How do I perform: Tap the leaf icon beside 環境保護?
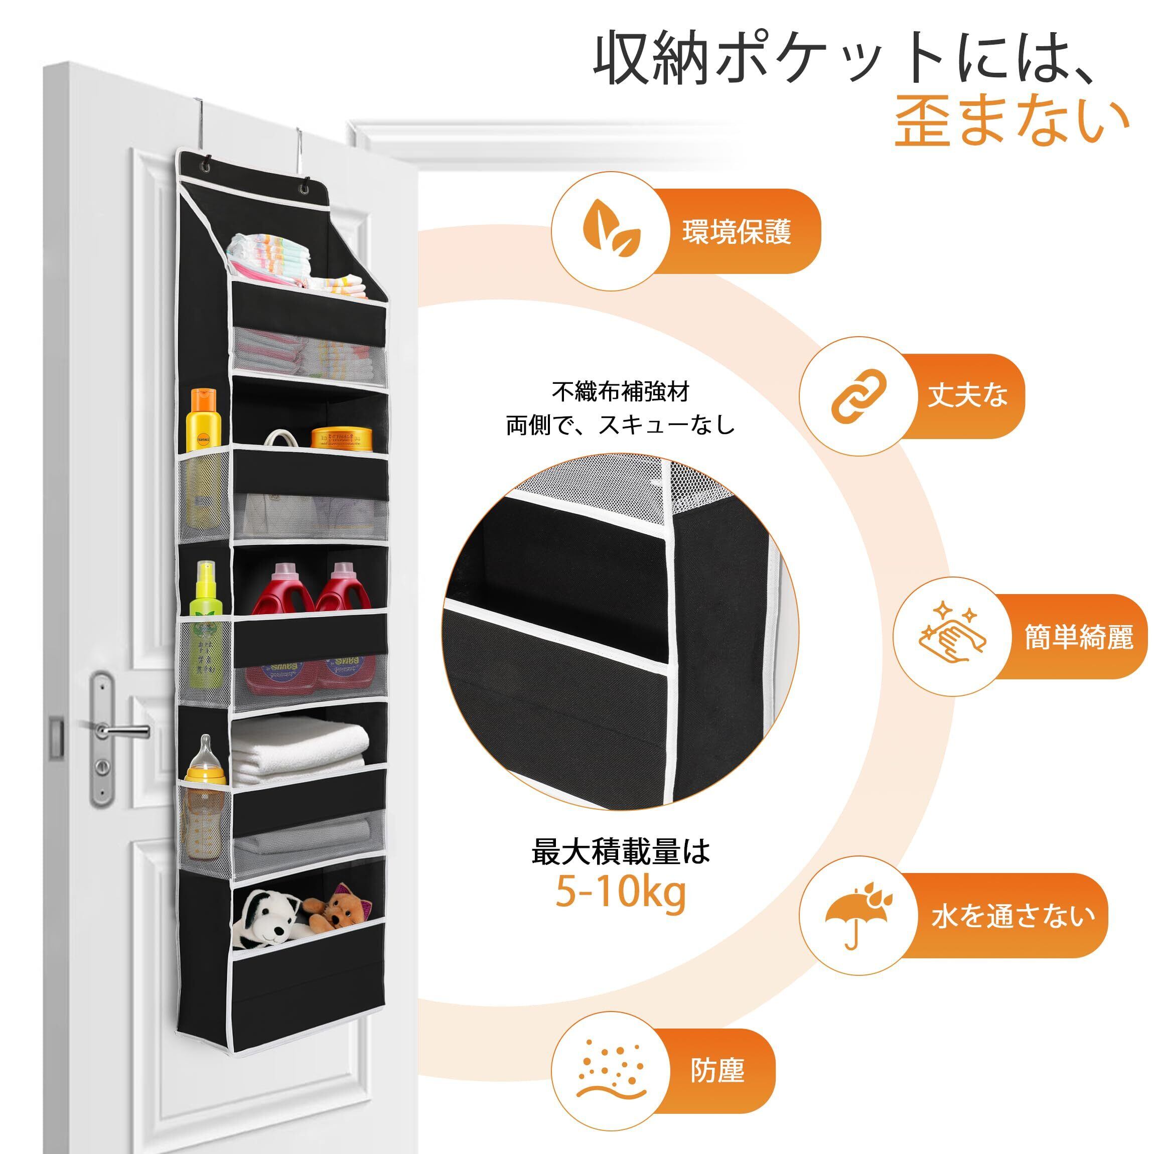tap(611, 231)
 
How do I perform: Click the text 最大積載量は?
tap(621, 850)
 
